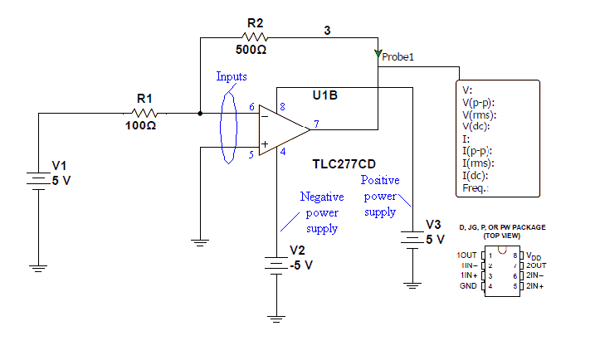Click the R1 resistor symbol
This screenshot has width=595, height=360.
point(145,113)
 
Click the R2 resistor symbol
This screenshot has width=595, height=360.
point(252,36)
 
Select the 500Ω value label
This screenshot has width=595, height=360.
point(251,50)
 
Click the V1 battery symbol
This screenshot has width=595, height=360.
point(38,180)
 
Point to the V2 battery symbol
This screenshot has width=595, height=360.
point(276,264)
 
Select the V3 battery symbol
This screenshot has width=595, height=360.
point(412,238)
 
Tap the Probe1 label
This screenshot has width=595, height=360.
point(397,57)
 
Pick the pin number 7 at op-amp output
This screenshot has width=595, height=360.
point(316,123)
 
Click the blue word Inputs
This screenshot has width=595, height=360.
point(232,76)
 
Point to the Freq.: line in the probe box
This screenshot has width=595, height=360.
point(476,188)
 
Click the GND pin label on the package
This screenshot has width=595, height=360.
point(468,285)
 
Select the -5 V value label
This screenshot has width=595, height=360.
point(301,265)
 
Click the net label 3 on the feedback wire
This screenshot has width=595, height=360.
point(327,30)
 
